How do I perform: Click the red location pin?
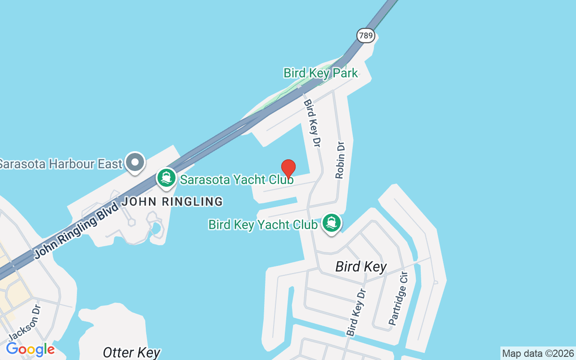pyautogui.click(x=288, y=169)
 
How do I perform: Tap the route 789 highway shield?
pyautogui.click(x=366, y=36)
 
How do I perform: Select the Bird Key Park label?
pyautogui.click(x=320, y=73)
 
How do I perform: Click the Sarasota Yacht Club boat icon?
pyautogui.click(x=166, y=178)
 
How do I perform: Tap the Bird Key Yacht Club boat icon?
pyautogui.click(x=332, y=223)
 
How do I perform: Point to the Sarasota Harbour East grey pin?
pyautogui.click(x=135, y=162)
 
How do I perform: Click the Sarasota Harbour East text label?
pyautogui.click(x=60, y=163)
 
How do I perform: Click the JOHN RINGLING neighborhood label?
pyautogui.click(x=172, y=202)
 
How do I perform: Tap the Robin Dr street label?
pyautogui.click(x=341, y=160)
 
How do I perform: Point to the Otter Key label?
pyautogui.click(x=131, y=352)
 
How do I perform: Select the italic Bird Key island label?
pyautogui.click(x=361, y=267)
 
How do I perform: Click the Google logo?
pyautogui.click(x=30, y=349)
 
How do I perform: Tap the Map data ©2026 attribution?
pyautogui.click(x=538, y=353)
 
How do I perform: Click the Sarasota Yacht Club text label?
pyautogui.click(x=237, y=180)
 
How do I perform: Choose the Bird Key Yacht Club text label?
pyautogui.click(x=263, y=224)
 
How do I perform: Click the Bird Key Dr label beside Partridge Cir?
pyautogui.click(x=356, y=312)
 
